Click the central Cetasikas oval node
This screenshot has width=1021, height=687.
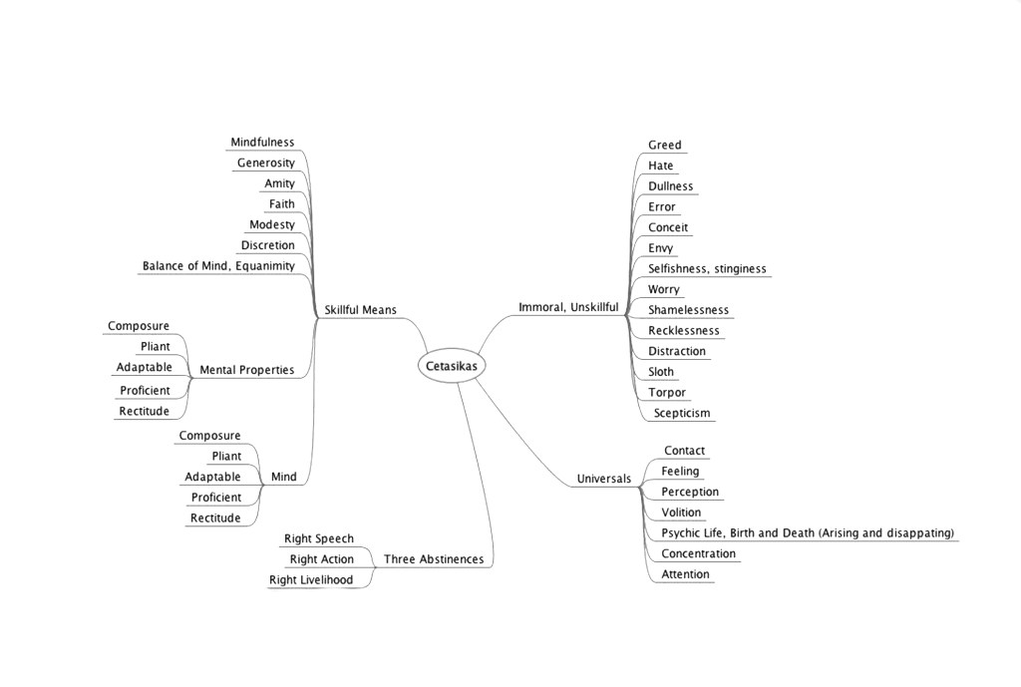pyautogui.click(x=452, y=366)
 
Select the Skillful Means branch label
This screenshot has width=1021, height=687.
pyautogui.click(x=360, y=310)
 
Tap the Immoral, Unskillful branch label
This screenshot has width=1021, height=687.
pyautogui.click(x=568, y=307)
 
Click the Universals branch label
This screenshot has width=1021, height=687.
pyautogui.click(x=603, y=479)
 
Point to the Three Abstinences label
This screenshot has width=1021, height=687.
pyautogui.click(x=434, y=559)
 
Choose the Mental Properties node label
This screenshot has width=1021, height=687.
pyautogui.click(x=246, y=370)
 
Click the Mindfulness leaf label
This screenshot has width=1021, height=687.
pyautogui.click(x=262, y=143)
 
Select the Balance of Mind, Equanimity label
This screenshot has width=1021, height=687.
pyautogui.click(x=218, y=266)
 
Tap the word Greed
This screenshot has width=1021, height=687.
pyautogui.click(x=664, y=146)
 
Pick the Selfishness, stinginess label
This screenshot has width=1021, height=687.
pyautogui.click(x=707, y=269)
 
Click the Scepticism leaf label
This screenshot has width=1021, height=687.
pyautogui.click(x=682, y=413)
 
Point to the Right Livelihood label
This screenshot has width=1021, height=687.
pyautogui.click(x=310, y=580)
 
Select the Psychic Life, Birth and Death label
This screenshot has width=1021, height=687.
pyautogui.click(x=807, y=533)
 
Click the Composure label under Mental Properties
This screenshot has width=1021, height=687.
pyautogui.click(x=139, y=326)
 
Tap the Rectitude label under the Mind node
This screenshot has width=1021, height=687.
pyautogui.click(x=215, y=518)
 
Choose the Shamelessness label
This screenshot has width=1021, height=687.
pyautogui.click(x=688, y=310)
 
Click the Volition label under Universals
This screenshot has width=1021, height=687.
pyautogui.click(x=681, y=513)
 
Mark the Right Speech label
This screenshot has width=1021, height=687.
pyautogui.click(x=318, y=539)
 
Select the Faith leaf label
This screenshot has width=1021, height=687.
pyautogui.click(x=281, y=204)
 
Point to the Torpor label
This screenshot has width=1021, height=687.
pyautogui.click(x=666, y=393)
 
